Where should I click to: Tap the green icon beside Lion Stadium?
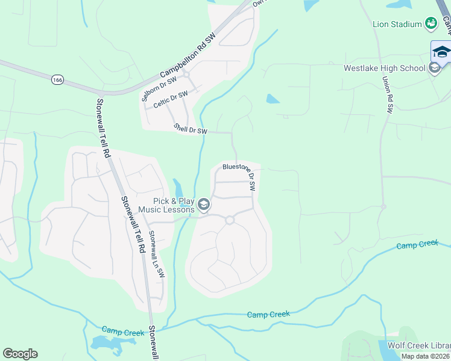coord(431,23)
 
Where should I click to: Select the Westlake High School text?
coord(384,68)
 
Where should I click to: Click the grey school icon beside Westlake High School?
coord(435,68)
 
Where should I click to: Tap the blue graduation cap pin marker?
coord(441,51)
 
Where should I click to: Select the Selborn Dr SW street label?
coord(159,88)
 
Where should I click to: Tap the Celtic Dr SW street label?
coord(170,99)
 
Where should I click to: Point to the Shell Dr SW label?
coord(190,129)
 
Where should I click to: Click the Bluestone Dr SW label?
coord(239,176)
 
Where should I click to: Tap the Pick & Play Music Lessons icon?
coord(204,205)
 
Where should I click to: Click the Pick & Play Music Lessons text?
coord(166,205)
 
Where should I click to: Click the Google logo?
coord(20,354)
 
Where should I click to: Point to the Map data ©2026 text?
coord(425,356)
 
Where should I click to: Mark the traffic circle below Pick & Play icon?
coord(229,220)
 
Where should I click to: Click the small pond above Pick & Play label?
coord(177,186)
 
